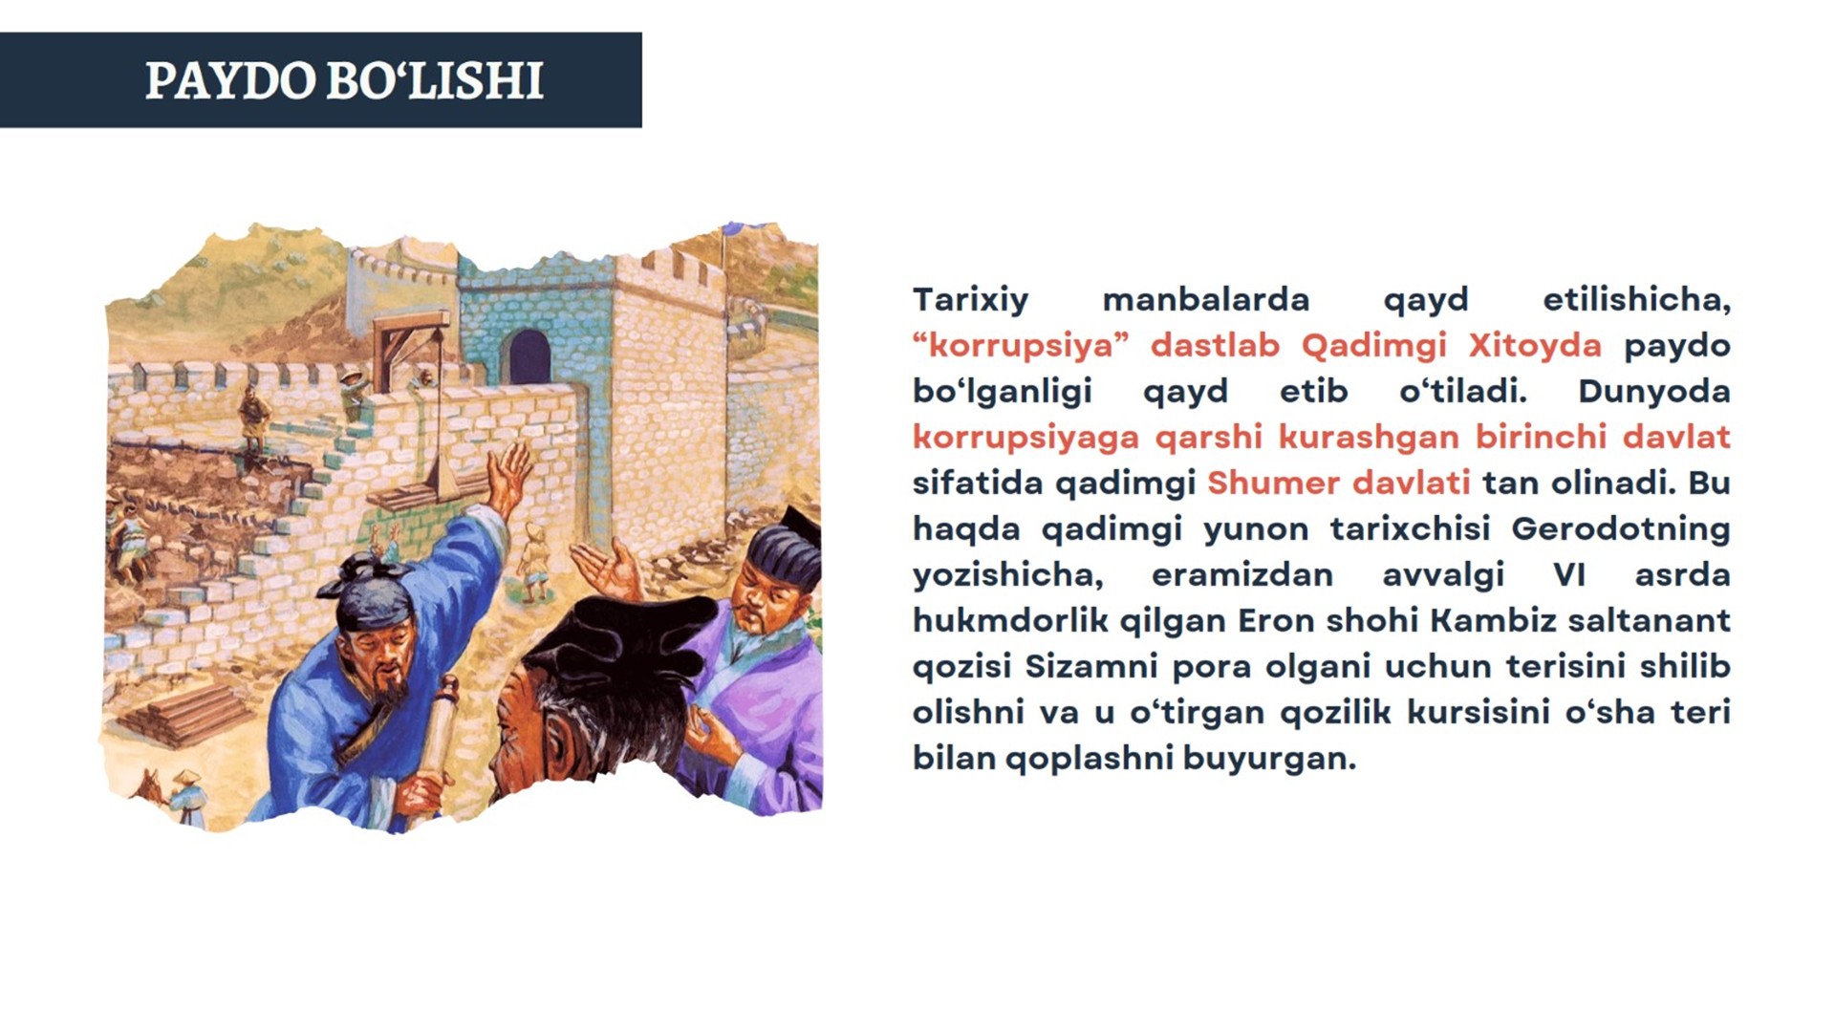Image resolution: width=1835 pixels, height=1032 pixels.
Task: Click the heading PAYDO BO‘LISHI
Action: coord(344,80)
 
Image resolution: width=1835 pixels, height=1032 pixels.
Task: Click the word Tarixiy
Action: coord(970,300)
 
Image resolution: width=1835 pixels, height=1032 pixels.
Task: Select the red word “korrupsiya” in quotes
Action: coord(1021,345)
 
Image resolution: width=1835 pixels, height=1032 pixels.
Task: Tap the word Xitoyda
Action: coord(1534,345)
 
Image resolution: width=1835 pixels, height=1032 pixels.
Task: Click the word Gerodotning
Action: coord(1621,528)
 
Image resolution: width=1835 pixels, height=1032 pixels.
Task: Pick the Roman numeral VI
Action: coord(1569,574)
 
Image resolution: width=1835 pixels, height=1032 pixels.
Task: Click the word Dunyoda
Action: coord(1653,391)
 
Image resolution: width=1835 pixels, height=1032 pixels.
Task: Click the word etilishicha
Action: coord(1635,300)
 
